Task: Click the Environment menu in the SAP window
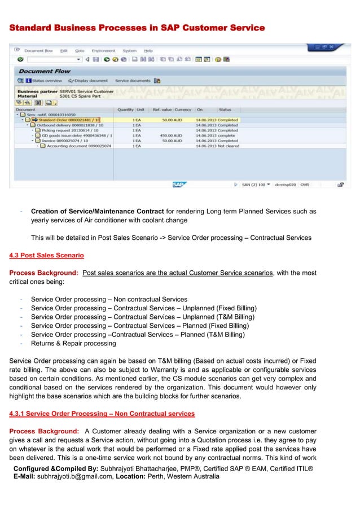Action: pos(103,51)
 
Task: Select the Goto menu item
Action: pos(80,51)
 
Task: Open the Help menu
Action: pos(148,51)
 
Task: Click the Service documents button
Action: pos(133,81)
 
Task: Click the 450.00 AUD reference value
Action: pos(172,135)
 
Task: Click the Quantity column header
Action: pos(125,109)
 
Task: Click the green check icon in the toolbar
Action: pos(20,59)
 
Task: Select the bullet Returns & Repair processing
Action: pos(73,343)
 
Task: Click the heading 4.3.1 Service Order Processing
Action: pos(102,414)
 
